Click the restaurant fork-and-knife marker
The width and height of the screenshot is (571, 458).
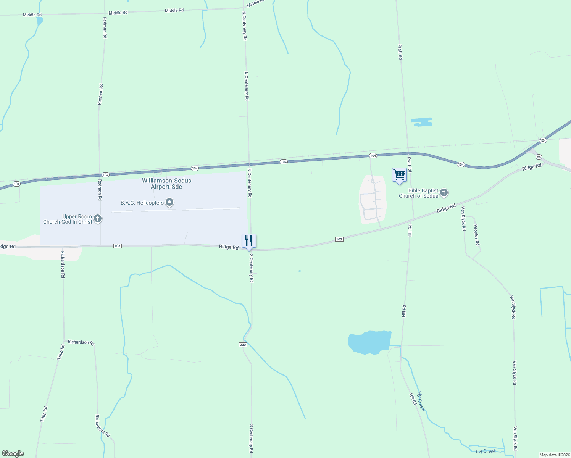[249, 241]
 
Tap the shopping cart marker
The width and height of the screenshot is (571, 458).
[399, 175]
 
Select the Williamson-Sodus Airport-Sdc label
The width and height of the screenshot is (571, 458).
[166, 184]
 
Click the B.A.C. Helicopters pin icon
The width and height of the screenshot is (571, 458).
[169, 202]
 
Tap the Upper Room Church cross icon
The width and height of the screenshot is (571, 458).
[98, 219]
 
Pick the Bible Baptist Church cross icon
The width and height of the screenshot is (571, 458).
[444, 193]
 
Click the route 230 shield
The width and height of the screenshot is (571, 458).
[243, 345]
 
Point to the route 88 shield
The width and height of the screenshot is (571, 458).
[539, 157]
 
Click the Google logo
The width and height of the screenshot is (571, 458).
[13, 453]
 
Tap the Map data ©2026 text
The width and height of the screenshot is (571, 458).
[554, 455]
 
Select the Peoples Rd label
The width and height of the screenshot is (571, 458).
[476, 235]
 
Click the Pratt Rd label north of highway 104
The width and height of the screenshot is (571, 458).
[400, 52]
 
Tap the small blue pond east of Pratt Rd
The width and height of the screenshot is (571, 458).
[422, 122]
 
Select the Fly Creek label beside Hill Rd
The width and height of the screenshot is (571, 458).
[421, 401]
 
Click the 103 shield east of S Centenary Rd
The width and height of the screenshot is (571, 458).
[339, 239]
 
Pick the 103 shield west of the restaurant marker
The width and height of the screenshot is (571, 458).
[118, 246]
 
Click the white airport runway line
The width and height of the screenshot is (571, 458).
[176, 210]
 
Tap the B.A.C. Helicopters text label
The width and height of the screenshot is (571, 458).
[142, 203]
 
